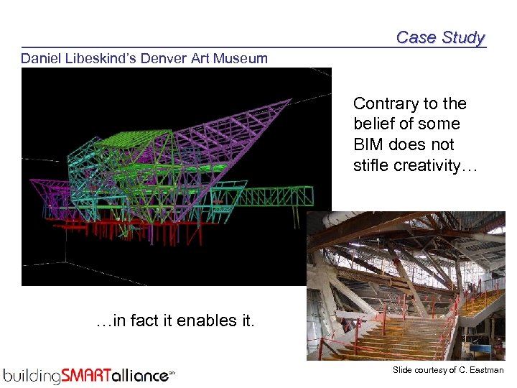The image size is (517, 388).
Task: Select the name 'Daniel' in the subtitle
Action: (42, 58)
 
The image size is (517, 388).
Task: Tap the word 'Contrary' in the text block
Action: (383, 104)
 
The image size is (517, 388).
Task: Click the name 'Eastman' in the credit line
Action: (487, 370)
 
